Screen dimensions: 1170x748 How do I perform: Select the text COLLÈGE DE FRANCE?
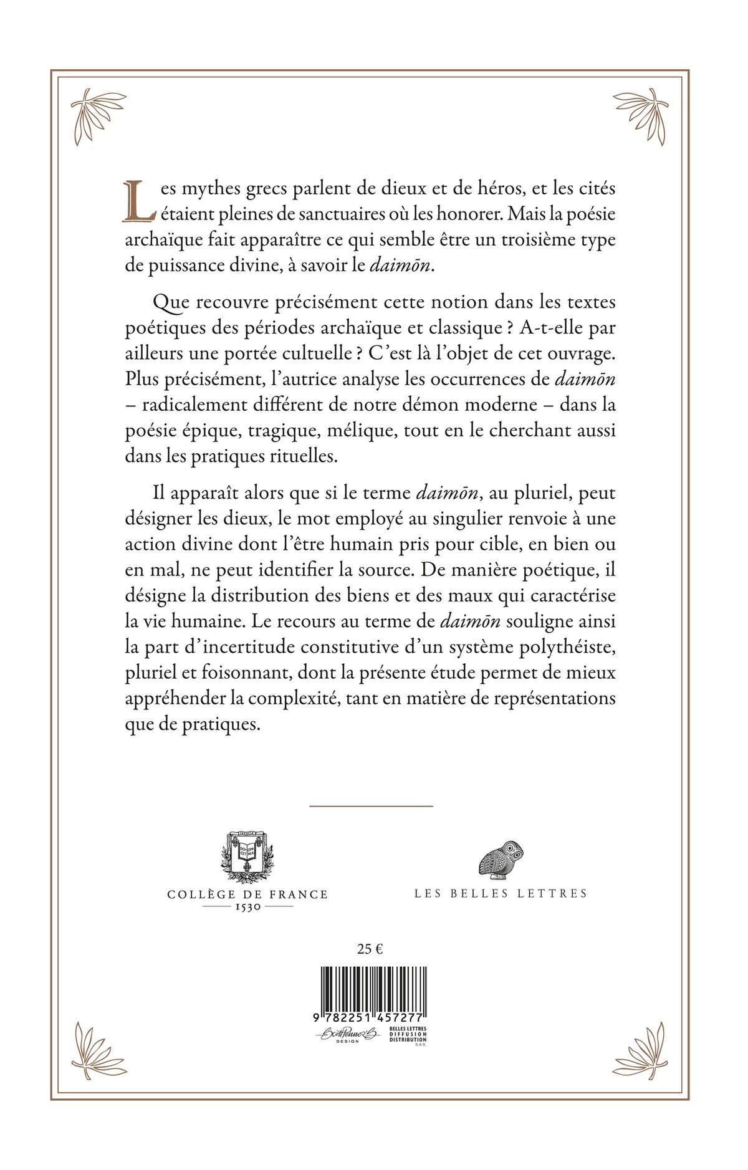247,894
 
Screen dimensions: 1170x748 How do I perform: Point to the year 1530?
247,907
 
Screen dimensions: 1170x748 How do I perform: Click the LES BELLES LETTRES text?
501,893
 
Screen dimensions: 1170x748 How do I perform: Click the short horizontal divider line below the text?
371,807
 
